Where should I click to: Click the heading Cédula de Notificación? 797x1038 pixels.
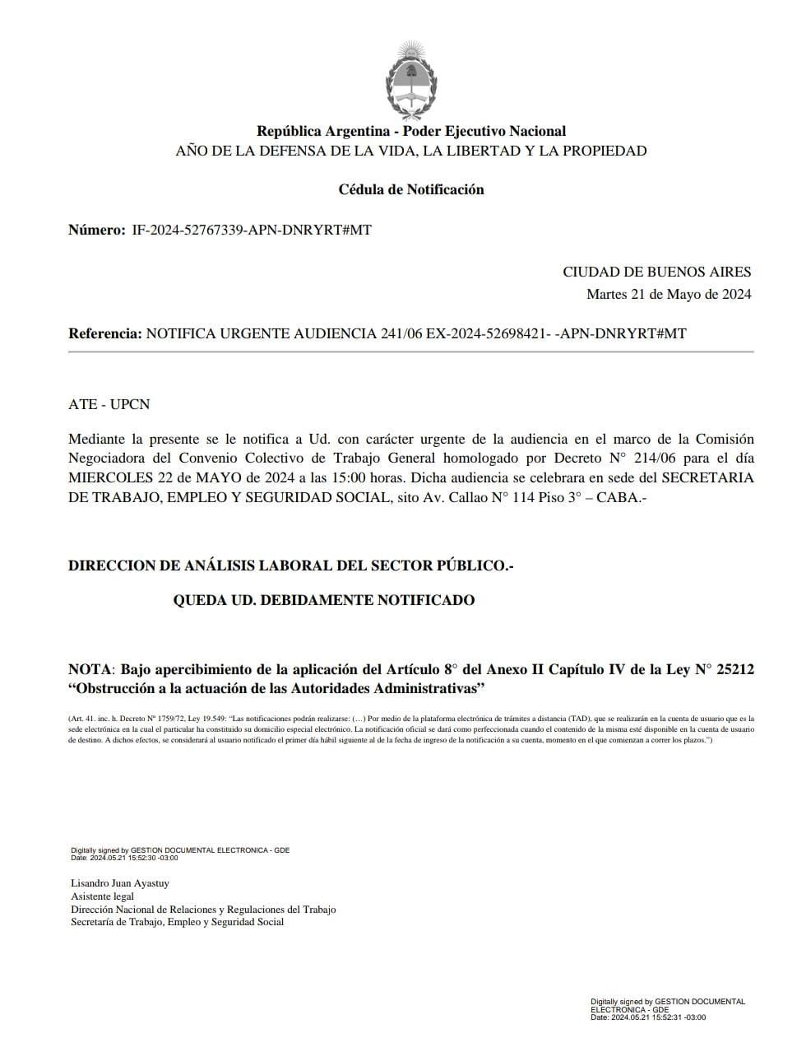point(411,189)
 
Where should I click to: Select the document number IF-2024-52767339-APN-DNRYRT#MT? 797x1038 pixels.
point(252,230)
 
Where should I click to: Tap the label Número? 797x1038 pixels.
point(96,230)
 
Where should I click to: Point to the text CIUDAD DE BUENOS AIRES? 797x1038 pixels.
point(656,272)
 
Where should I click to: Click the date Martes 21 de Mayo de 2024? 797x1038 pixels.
point(668,294)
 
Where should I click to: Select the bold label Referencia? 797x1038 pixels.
point(104,333)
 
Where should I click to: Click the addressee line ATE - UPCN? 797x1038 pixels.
point(109,404)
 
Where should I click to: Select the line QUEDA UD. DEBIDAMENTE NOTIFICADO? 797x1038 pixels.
point(323,600)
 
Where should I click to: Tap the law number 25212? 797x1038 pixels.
point(735,669)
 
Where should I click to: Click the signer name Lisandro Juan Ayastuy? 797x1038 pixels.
point(120,883)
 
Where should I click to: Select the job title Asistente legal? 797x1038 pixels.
point(102,896)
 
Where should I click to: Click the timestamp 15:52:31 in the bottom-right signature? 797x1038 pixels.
point(668,1017)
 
